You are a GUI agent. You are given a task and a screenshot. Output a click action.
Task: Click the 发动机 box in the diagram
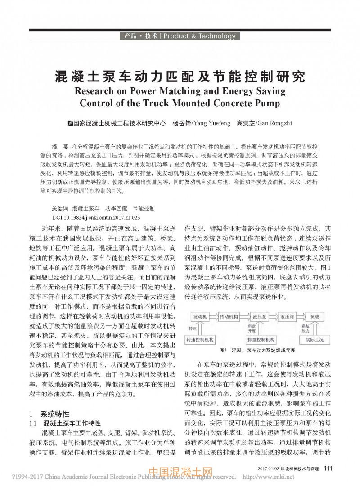coord(199,317)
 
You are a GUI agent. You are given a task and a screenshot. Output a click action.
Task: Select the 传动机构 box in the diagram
coord(229,317)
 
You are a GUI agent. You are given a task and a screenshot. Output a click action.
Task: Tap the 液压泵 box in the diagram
coord(260,317)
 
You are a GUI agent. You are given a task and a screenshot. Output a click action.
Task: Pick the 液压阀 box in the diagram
coord(287,317)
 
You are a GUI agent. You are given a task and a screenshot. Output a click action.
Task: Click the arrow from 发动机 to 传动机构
coord(213,317)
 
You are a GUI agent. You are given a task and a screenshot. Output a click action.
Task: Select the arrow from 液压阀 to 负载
coord(300,317)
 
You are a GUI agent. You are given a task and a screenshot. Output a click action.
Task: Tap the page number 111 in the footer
coord(328,468)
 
